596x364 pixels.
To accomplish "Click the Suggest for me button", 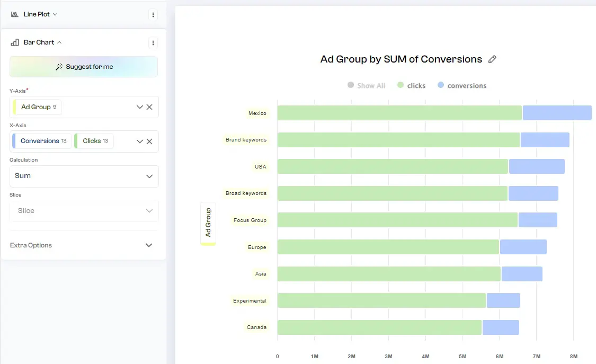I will pos(84,67).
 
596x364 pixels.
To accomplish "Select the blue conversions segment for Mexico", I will pos(556,113).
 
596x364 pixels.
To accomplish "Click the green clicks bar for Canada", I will pos(379,327).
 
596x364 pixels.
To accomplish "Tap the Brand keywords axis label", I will pos(246,140).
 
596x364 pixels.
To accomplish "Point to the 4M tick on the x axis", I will pos(425,357).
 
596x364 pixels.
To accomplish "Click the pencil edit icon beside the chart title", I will pos(492,59).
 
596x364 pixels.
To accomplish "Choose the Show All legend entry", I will pos(367,85).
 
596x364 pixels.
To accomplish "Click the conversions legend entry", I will pos(462,85).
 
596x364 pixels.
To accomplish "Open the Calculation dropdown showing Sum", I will pos(84,176).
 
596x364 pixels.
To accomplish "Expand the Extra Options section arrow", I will pos(149,245).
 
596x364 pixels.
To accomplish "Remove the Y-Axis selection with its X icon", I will pos(149,107).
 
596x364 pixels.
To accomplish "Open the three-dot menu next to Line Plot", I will pos(153,15).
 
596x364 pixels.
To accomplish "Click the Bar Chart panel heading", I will pos(39,42).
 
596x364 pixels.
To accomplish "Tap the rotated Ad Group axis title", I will pos(208,223).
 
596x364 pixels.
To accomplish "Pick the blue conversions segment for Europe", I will pos(523,247).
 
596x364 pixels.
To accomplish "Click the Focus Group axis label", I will pos(250,220).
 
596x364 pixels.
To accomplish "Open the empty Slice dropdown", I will pos(84,211).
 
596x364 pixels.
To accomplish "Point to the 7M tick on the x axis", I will pos(537,357).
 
